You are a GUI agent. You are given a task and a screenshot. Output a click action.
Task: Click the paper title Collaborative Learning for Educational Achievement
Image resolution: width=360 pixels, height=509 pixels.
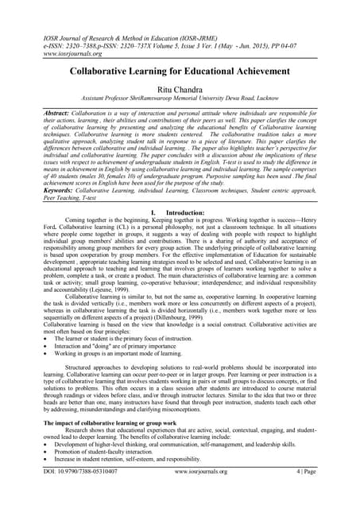pyautogui.click(x=180, y=71)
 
